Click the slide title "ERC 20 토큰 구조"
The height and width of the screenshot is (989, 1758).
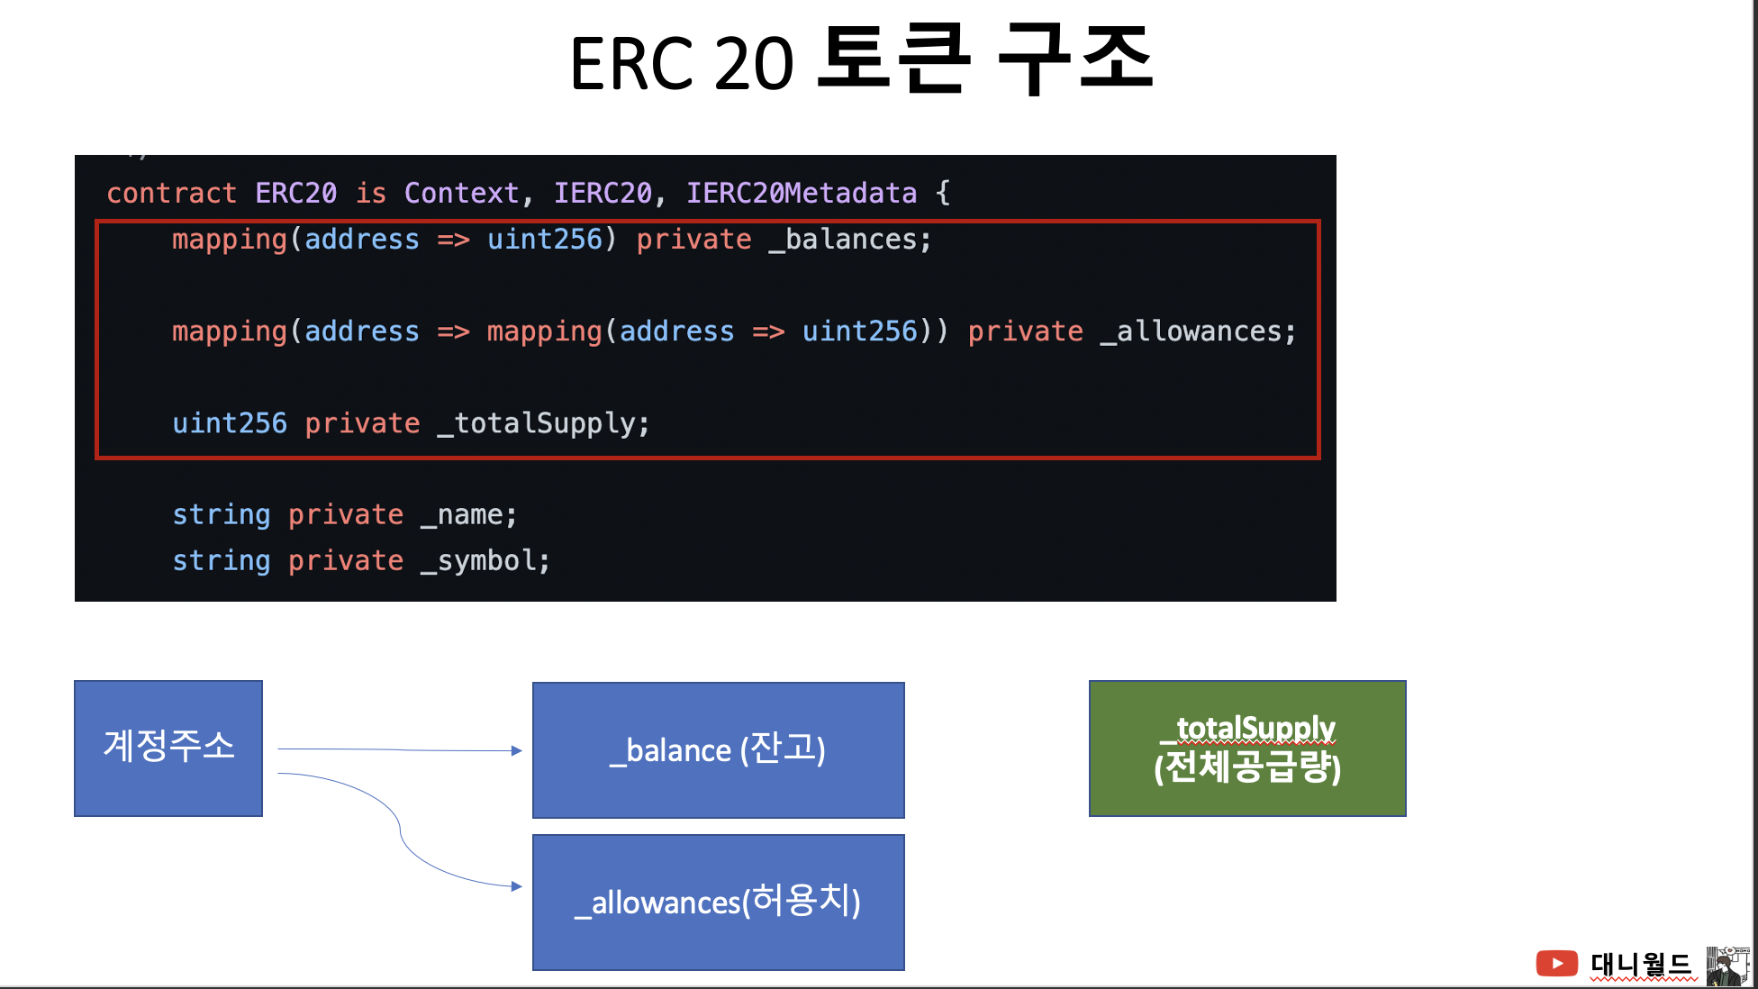pos(862,60)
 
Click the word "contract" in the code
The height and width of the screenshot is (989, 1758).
pos(171,193)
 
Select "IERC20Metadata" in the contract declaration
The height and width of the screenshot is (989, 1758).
pos(802,193)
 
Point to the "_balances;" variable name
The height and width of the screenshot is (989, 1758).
pos(850,240)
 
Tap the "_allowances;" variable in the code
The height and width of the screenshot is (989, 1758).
pos(1198,331)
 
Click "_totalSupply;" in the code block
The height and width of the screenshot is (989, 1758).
pos(543,423)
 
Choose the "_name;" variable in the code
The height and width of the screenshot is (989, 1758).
pos(468,515)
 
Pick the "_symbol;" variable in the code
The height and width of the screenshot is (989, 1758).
pos(485,561)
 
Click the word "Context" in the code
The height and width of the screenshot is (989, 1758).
pos(461,193)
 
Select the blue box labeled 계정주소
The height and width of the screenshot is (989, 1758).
pos(168,749)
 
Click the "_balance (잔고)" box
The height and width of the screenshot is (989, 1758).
pos(719,750)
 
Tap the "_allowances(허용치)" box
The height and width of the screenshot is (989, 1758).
pos(719,903)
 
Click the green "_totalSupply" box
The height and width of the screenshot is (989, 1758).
pos(1247,749)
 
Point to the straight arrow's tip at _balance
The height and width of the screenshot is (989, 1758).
pos(521,750)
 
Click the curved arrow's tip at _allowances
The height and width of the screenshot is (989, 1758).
pos(521,886)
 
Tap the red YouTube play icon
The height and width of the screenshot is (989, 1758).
pos(1556,963)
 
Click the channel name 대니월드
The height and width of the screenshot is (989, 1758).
pos(1641,964)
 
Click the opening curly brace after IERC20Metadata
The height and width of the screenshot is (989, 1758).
pos(942,193)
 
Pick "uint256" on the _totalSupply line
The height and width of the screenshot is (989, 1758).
pos(230,423)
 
